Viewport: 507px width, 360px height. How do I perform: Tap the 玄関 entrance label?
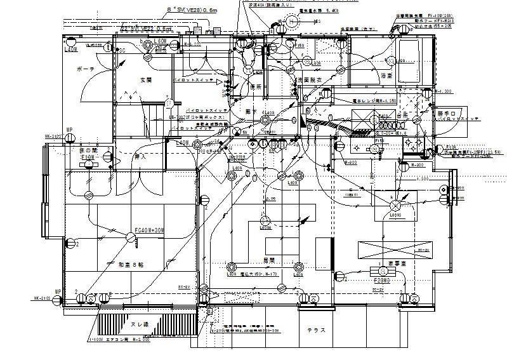pyautogui.click(x=146, y=80)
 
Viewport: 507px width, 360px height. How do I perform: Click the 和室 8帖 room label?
pyautogui.click(x=131, y=265)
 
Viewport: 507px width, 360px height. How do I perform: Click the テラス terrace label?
pyautogui.click(x=317, y=330)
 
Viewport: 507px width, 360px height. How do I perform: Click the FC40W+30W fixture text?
pyautogui.click(x=148, y=230)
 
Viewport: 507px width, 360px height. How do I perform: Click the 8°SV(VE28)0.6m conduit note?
pyautogui.click(x=192, y=10)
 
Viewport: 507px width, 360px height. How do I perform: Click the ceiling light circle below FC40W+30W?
pyautogui.click(x=131, y=238)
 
